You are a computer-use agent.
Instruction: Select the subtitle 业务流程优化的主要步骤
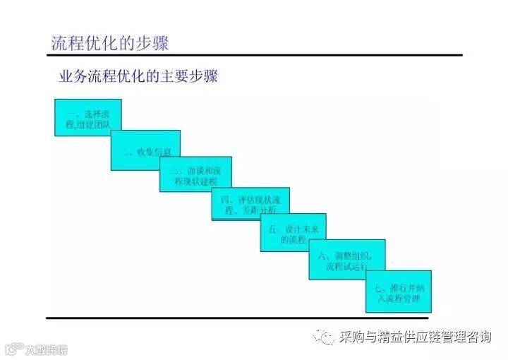click(x=138, y=76)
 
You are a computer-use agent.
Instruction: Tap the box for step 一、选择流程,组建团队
click(x=88, y=117)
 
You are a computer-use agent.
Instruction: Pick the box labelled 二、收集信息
click(x=145, y=150)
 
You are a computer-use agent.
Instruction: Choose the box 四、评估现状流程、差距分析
click(x=250, y=204)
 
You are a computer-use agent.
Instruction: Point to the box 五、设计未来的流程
click(x=293, y=234)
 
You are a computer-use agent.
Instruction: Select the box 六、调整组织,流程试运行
click(x=346, y=259)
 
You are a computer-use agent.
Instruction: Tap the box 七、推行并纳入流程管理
click(x=398, y=292)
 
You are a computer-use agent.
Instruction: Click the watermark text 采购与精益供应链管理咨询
click(x=415, y=337)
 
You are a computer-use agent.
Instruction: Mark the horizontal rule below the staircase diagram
click(x=236, y=318)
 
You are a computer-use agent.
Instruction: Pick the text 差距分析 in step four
click(x=262, y=210)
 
